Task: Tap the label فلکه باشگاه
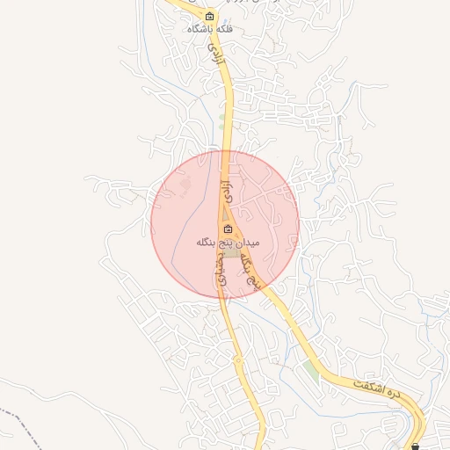pyautogui.click(x=209, y=29)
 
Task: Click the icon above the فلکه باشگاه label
pyautogui.click(x=209, y=16)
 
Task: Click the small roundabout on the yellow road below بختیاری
pyautogui.click(x=237, y=359)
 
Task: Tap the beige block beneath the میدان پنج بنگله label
pyautogui.click(x=230, y=253)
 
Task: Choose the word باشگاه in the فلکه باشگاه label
pyautogui.click(x=199, y=29)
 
